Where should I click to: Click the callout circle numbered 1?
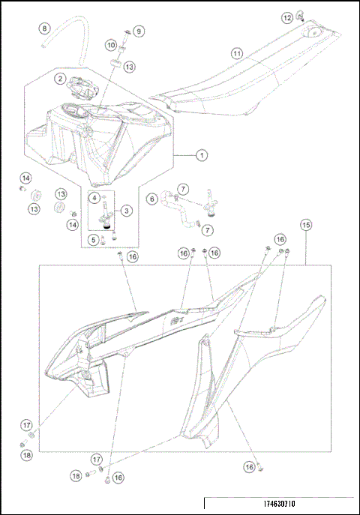point(201,156)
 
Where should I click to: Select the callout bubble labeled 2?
point(59,77)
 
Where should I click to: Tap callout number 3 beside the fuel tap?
point(126,211)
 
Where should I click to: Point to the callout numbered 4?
point(95,197)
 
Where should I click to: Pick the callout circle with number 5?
point(94,240)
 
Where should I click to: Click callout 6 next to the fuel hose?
point(151,199)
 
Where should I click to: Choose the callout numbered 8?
point(44,28)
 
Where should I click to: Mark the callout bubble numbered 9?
point(139,31)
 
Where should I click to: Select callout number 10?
point(110,46)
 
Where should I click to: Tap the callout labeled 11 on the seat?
point(237,54)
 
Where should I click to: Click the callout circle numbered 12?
point(287,16)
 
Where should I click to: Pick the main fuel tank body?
point(97,139)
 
